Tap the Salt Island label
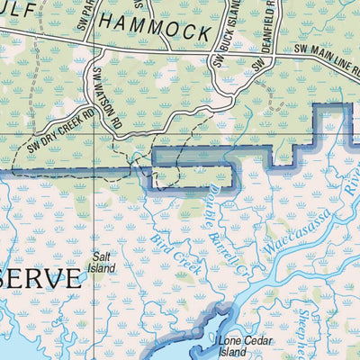[102, 262]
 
